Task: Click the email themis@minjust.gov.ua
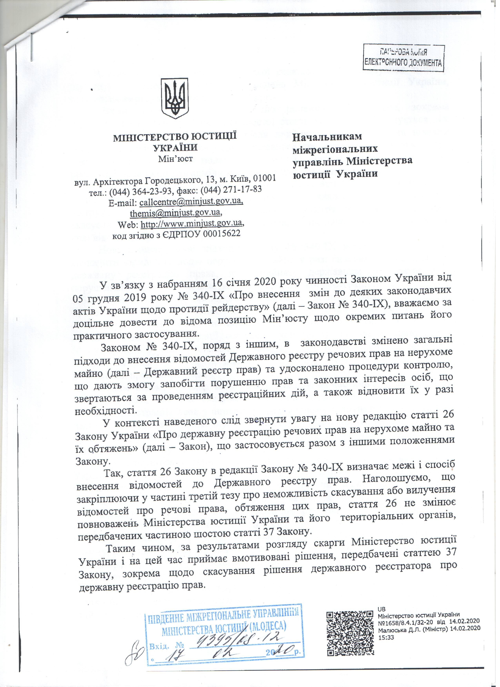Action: [x=175, y=213]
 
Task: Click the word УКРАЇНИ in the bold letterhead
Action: [x=175, y=148]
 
